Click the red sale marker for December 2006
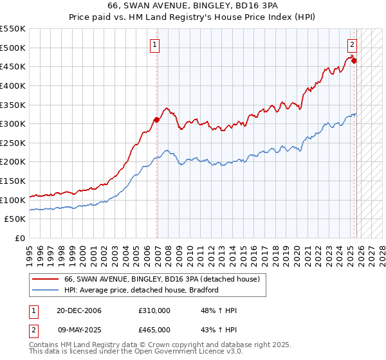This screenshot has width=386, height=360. [156, 120]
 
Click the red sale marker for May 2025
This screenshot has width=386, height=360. [354, 61]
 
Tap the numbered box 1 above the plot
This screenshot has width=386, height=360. [156, 45]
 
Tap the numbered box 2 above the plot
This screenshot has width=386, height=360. [353, 45]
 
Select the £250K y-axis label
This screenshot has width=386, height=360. [13, 143]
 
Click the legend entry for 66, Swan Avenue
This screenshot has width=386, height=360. [161, 279]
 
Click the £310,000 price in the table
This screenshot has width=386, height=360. [154, 310]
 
